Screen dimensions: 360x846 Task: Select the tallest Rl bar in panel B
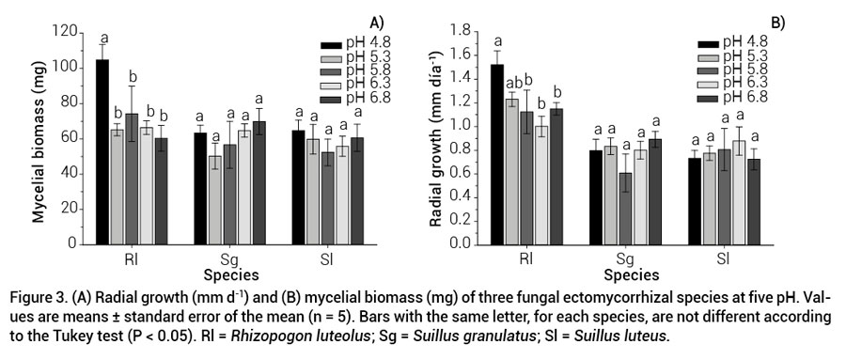(x=497, y=154)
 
